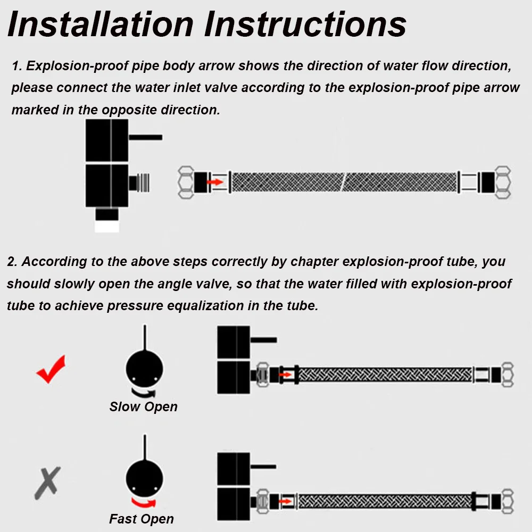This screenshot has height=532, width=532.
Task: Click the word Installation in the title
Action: pyautogui.click(x=101, y=24)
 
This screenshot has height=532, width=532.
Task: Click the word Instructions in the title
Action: pyautogui.click(x=305, y=24)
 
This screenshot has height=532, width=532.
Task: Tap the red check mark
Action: pyautogui.click(x=51, y=369)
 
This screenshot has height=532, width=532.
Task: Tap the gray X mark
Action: pyautogui.click(x=47, y=483)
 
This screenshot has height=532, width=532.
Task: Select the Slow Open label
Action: pyautogui.click(x=143, y=406)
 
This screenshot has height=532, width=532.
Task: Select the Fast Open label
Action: pyautogui.click(x=142, y=519)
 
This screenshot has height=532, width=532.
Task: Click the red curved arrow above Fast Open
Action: pyautogui.click(x=144, y=503)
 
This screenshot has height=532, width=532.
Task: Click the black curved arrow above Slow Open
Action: pyautogui.click(x=144, y=393)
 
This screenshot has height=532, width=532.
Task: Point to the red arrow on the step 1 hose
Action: pyautogui.click(x=215, y=182)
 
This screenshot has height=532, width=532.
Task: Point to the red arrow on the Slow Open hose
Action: pyautogui.click(x=285, y=375)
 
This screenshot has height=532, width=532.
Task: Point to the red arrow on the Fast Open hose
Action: pyautogui.click(x=285, y=501)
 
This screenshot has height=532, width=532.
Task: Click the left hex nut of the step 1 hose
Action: pyautogui.click(x=186, y=182)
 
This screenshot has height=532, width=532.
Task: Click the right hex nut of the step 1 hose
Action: pyautogui.click(x=503, y=182)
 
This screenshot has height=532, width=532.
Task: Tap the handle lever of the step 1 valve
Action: pyautogui.click(x=145, y=137)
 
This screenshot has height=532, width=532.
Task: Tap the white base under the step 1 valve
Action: pyautogui.click(x=106, y=226)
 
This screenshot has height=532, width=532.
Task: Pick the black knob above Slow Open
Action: pyautogui.click(x=144, y=369)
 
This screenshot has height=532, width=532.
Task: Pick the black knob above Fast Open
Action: pyautogui.click(x=144, y=478)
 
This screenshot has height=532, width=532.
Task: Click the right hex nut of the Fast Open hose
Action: pyautogui.click(x=507, y=501)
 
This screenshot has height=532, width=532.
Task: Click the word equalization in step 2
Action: pyautogui.click(x=205, y=306)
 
